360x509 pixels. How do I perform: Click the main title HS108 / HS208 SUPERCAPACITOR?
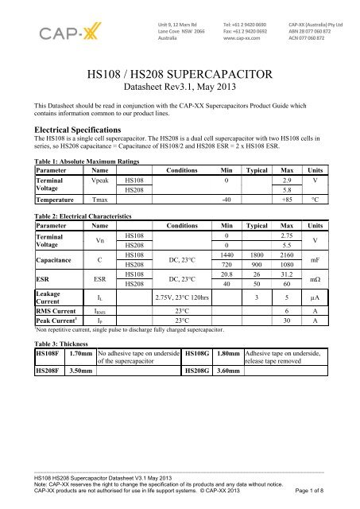(x=179, y=76)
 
